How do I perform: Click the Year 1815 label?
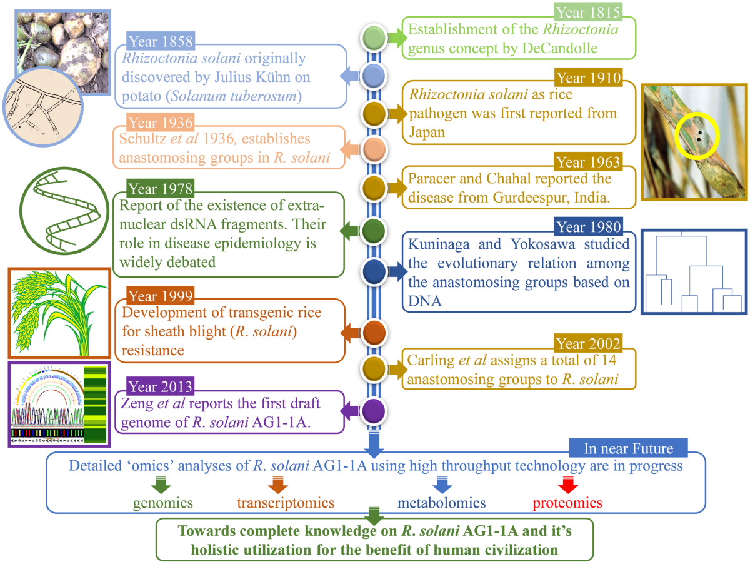[587, 11]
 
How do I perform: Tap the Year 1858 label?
[160, 41]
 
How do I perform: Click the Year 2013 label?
[160, 386]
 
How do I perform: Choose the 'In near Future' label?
[628, 448]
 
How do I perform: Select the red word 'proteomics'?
[567, 502]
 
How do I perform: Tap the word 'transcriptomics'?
[286, 502]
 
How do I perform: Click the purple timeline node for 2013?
[373, 410]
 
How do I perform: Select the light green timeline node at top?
[373, 37]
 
